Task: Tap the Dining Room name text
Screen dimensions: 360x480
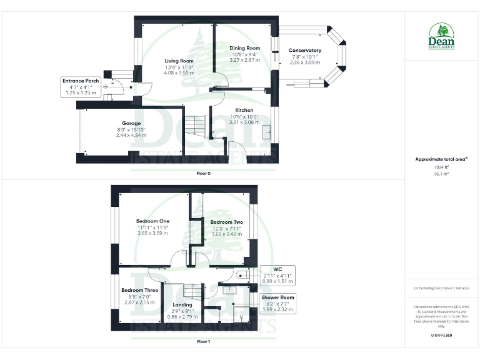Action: pyautogui.click(x=244, y=48)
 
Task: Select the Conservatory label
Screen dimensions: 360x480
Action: pyautogui.click(x=304, y=51)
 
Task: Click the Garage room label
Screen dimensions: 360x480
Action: pyautogui.click(x=131, y=123)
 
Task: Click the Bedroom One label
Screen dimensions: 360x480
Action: pyautogui.click(x=152, y=221)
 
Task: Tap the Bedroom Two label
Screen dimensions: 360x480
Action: pyautogui.click(x=226, y=222)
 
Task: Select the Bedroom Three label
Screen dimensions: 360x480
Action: pyautogui.click(x=139, y=291)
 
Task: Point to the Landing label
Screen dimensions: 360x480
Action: pyautogui.click(x=182, y=305)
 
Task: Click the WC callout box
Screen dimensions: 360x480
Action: pyautogui.click(x=275, y=275)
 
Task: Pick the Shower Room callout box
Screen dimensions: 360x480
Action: pyautogui.click(x=278, y=303)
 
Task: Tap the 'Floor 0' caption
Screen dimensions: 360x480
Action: pyautogui.click(x=203, y=173)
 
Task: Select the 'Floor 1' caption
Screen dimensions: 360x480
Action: pyautogui.click(x=203, y=342)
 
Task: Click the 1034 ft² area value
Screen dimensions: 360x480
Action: pyautogui.click(x=441, y=167)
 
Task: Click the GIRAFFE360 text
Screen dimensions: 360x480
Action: pyautogui.click(x=441, y=335)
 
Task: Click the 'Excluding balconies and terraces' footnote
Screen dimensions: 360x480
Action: pyautogui.click(x=441, y=287)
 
